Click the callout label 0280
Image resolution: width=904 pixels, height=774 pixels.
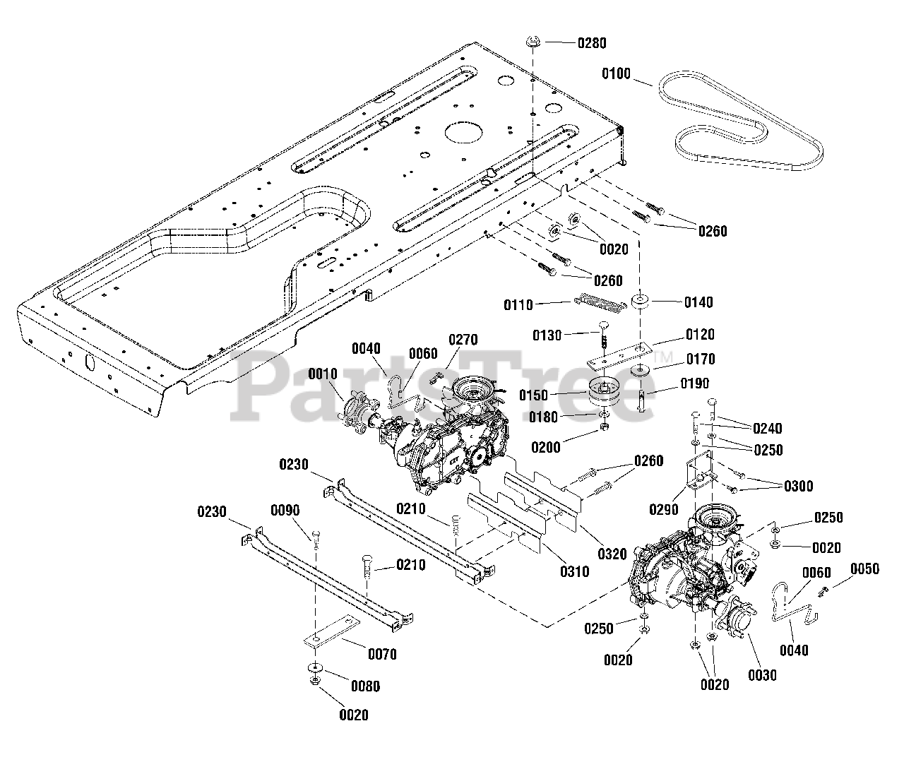(592, 43)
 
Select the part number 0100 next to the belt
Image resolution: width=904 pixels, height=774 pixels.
(616, 73)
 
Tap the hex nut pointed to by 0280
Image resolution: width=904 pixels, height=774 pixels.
(533, 42)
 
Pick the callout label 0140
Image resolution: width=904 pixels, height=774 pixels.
(698, 302)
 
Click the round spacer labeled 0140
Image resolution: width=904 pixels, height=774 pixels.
(640, 302)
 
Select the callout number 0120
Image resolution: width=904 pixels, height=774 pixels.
(700, 335)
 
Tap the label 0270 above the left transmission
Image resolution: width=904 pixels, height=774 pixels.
(463, 340)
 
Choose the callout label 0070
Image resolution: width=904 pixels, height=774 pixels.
(382, 654)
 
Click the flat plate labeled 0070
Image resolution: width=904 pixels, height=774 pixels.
(332, 631)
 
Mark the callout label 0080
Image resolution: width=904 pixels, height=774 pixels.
(365, 686)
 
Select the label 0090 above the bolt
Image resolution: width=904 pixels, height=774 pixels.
(285, 511)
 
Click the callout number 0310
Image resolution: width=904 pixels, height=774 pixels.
(575, 571)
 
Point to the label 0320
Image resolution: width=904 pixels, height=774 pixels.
(612, 554)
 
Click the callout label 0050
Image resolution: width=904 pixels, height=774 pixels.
(864, 569)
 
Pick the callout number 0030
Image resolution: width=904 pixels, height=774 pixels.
(762, 675)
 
